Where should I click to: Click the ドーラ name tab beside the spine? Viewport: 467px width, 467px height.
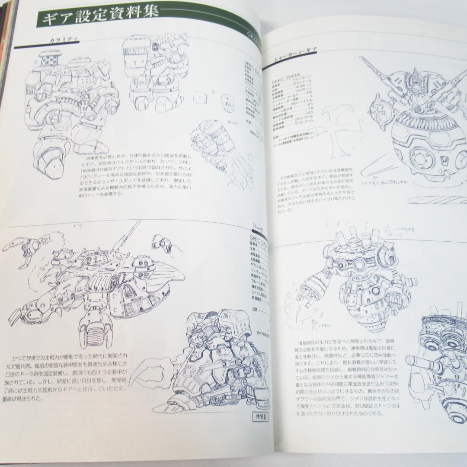[258, 227]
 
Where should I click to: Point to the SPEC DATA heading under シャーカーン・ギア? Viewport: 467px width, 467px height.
[289, 81]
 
